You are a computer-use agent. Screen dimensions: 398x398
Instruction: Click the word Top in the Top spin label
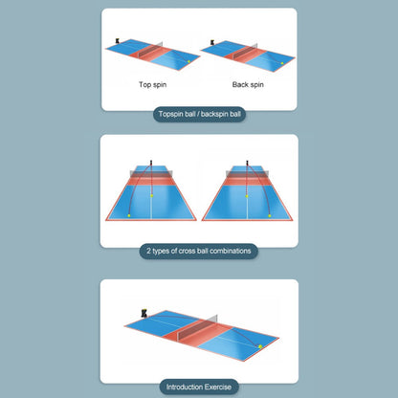tap(144, 85)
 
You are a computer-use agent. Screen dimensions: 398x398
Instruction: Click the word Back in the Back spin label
tap(240, 84)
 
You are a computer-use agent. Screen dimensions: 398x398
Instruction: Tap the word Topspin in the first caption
tap(171, 114)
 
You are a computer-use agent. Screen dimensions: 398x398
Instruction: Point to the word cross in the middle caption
tap(187, 251)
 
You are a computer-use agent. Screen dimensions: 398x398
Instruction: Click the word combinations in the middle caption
tap(231, 251)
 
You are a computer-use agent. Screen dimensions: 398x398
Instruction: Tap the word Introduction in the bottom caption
tap(185, 387)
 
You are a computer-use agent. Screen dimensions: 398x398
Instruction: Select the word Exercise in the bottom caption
tap(218, 387)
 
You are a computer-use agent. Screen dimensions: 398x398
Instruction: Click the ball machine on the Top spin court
tap(118, 41)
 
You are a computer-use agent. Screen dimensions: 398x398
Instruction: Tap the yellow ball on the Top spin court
tap(188, 61)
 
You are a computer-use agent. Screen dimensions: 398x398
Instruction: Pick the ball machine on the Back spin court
tap(212, 43)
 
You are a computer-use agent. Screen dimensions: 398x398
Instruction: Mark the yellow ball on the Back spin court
tap(282, 63)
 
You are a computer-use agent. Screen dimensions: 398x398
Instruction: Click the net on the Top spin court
tap(150, 50)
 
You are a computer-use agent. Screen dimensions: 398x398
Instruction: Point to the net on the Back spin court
tap(245, 52)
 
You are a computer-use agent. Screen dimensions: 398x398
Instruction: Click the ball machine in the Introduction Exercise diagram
tap(144, 313)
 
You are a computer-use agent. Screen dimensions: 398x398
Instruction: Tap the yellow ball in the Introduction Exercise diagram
tap(260, 346)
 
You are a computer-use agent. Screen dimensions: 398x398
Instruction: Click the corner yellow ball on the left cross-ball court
tap(129, 215)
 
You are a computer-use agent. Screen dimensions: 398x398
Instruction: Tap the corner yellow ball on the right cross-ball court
tap(270, 216)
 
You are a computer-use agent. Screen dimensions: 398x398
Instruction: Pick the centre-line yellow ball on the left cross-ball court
tap(152, 195)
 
